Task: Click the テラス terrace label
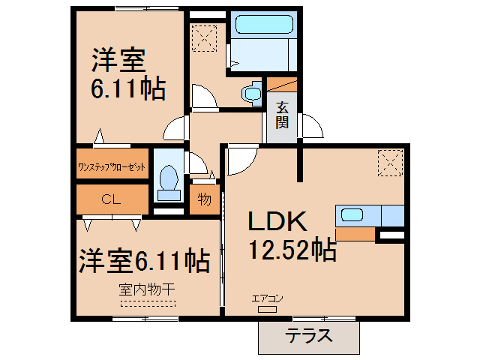coord(308,337)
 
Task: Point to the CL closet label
coord(111,199)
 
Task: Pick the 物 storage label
coord(203,200)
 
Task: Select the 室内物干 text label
coord(147,288)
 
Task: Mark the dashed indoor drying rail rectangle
coord(148,304)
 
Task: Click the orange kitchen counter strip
coord(354,233)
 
